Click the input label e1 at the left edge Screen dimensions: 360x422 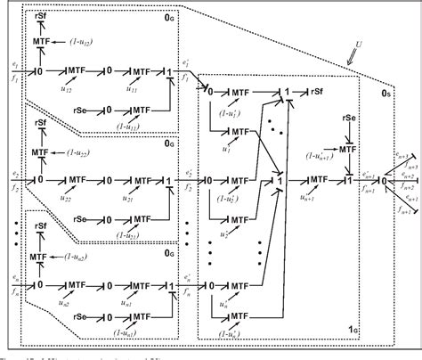pos(8,63)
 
